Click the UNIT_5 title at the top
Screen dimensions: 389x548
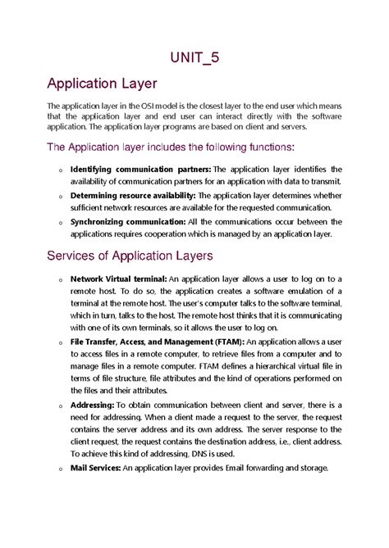click(x=194, y=57)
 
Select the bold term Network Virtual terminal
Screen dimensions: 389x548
click(x=118, y=279)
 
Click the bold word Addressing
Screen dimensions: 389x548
click(x=92, y=405)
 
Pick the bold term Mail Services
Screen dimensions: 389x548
click(x=95, y=468)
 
